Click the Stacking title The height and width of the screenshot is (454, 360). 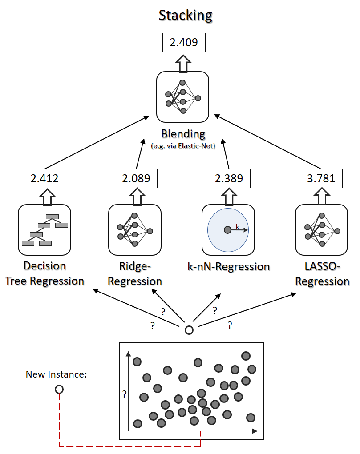(186, 16)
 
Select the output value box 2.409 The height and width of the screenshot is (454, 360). (184, 43)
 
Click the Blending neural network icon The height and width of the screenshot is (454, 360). (182, 97)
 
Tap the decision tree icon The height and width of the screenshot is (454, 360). (44, 230)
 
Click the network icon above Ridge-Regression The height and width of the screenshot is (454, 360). (135, 230)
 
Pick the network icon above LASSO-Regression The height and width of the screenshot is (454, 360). (322, 230)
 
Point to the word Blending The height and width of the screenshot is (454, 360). (183, 134)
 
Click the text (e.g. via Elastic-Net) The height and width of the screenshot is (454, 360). (183, 146)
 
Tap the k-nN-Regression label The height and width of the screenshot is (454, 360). (229, 267)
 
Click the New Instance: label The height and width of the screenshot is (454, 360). (56, 374)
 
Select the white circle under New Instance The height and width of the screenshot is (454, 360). (59, 390)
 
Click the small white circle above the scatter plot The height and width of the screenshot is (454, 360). (189, 330)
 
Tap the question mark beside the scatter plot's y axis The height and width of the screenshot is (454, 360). (125, 394)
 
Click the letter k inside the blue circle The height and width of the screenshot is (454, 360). (237, 227)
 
